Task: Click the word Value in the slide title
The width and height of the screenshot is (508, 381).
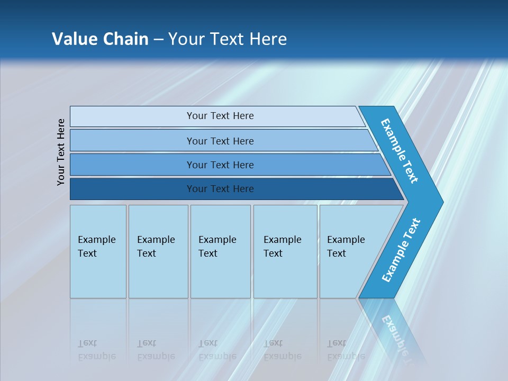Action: tap(74, 39)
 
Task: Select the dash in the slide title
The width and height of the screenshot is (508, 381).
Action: tap(158, 40)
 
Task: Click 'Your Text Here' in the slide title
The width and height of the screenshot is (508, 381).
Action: tap(228, 39)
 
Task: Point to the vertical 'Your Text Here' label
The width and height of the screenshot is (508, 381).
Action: tap(61, 152)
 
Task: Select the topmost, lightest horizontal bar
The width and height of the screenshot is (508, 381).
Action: tap(220, 116)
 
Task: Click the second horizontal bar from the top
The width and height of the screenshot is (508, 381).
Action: tap(220, 141)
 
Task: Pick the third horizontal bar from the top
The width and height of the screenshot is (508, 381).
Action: tap(220, 165)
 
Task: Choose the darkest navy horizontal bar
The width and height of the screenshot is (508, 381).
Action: tap(220, 189)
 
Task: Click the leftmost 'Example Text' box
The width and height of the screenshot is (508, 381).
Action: tap(98, 251)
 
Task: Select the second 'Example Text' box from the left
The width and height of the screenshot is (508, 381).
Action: tap(158, 251)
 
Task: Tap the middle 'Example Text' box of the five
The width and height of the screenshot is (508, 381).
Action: tap(220, 251)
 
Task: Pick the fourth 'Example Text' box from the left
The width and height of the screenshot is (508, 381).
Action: tap(285, 251)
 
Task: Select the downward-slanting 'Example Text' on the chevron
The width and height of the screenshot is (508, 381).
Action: tap(400, 151)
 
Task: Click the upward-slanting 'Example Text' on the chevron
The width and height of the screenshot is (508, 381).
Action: tap(401, 250)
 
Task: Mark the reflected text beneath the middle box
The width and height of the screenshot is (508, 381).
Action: tap(217, 350)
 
